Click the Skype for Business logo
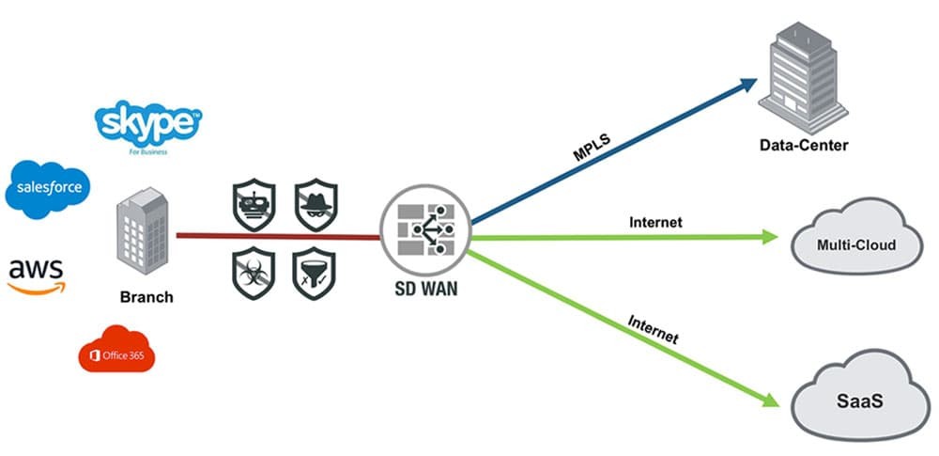pyautogui.click(x=149, y=127)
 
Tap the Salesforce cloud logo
pyautogui.click(x=50, y=189)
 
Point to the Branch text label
pyautogui.click(x=146, y=296)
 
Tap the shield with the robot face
pyautogui.click(x=254, y=201)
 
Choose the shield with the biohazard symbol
pyautogui.click(x=254, y=273)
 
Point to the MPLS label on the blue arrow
pyautogui.click(x=593, y=149)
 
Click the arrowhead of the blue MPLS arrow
pyautogui.click(x=748, y=83)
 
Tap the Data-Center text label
pyautogui.click(x=804, y=145)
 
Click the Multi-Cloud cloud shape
pyautogui.click(x=855, y=244)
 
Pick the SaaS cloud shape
pyautogui.click(x=855, y=399)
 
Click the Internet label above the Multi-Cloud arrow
pyautogui.click(x=655, y=223)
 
